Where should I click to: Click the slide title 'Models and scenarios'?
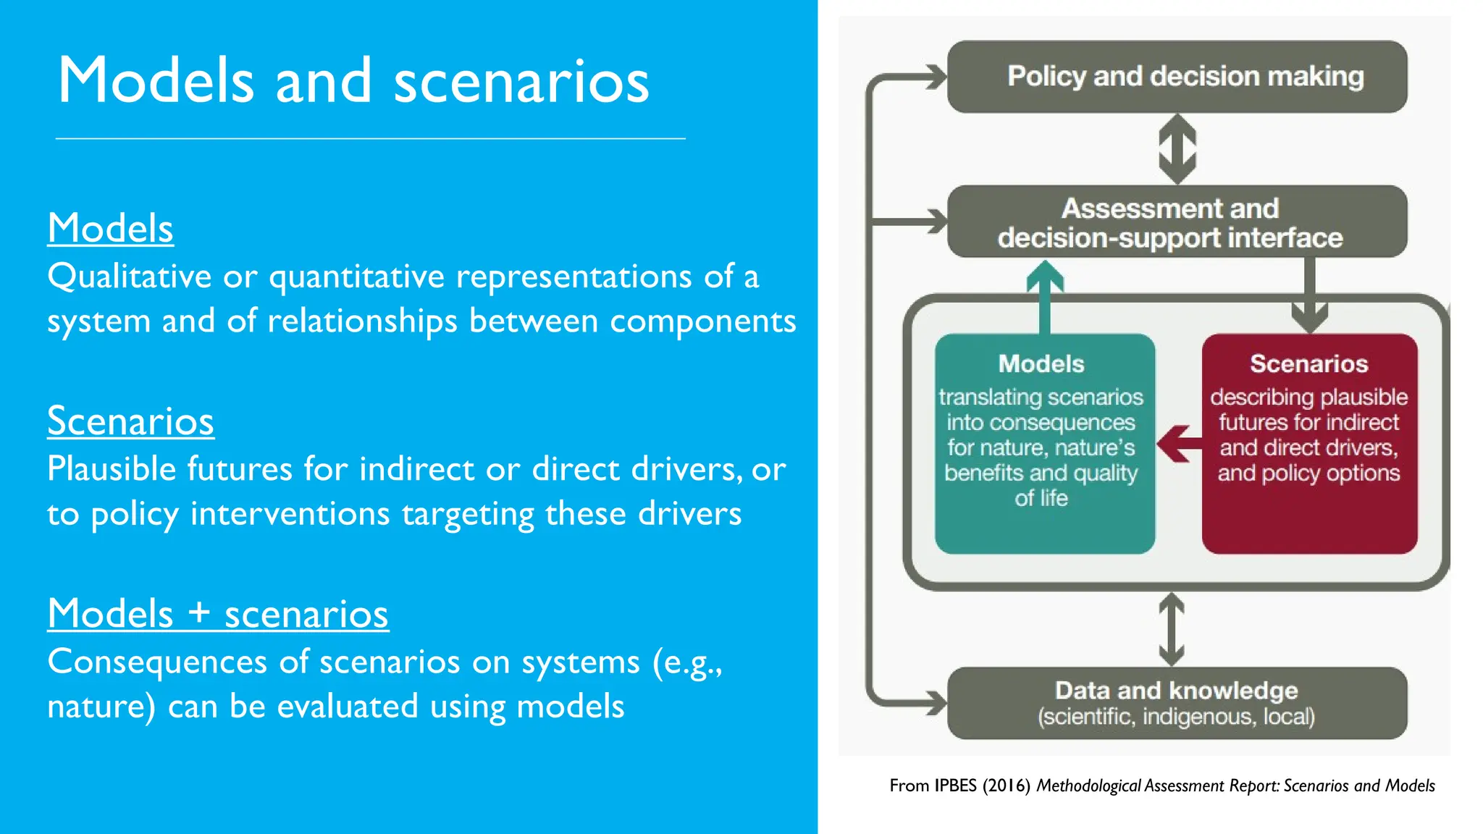[353, 81]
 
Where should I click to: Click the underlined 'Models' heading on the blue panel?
[110, 228]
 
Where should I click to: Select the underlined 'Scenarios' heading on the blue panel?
[130, 421]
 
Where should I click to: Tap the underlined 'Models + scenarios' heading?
[218, 614]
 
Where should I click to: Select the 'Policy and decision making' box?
[1177, 77]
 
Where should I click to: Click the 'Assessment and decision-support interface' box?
[1177, 222]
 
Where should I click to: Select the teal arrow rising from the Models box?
[1044, 297]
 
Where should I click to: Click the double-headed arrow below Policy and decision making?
[1177, 148]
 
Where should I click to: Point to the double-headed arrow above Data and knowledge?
[1171, 628]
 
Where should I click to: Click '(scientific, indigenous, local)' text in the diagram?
[1176, 717]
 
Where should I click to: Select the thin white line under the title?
[370, 138]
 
